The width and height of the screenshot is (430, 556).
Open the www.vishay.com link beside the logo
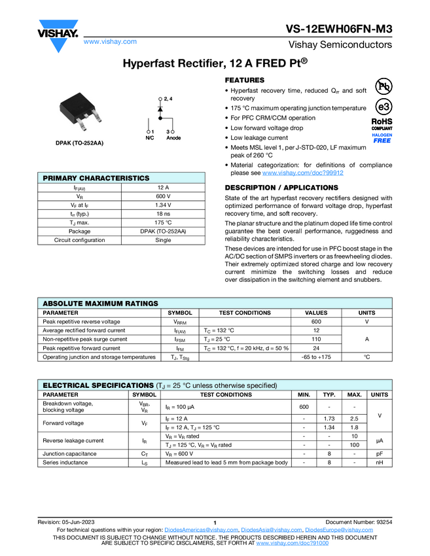110,41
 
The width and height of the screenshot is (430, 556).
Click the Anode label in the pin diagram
173,138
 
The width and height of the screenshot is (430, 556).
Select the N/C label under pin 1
149,138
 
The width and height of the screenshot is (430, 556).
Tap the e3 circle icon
382,107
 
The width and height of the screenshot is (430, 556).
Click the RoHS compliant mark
382,124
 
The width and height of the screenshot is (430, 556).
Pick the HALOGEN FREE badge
382,137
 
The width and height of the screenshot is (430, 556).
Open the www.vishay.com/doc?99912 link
303,173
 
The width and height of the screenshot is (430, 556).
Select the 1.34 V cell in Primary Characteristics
163,205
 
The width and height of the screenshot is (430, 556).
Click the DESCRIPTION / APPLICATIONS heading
281,188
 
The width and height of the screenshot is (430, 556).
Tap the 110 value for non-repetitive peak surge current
316,339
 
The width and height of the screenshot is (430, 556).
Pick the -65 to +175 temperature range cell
316,356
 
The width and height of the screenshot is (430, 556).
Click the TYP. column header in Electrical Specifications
329,394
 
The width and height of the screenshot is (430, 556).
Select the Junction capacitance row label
69,453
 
